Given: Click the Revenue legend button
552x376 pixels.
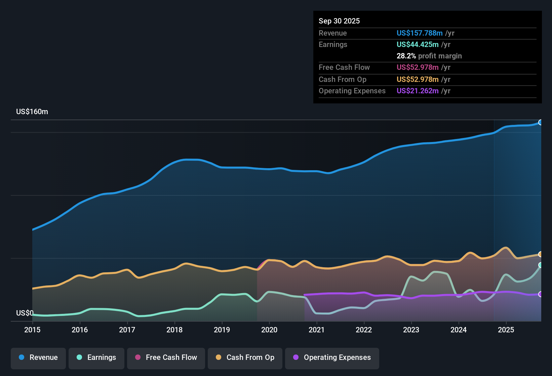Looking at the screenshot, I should pos(38,358).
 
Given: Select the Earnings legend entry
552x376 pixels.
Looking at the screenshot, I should pos(96,358).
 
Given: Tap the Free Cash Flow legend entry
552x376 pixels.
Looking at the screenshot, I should pos(166,358).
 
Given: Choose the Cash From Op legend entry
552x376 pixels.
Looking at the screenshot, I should pos(245,358).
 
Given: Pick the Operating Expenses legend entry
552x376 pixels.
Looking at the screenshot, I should pos(332,358).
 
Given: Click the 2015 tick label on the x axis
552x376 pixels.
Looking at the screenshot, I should pos(32,330).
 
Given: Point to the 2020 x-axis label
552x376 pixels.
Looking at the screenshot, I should pos(269,330).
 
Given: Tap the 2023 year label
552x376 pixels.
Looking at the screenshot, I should pos(411,330).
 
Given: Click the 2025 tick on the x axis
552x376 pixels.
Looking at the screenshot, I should pos(506,330).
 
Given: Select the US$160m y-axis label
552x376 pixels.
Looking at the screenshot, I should pos(32,112).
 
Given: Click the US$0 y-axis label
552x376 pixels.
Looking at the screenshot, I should pos(25,313).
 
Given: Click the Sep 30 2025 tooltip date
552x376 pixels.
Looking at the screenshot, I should pos(339,21).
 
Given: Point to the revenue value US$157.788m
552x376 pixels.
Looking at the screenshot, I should pos(420,33).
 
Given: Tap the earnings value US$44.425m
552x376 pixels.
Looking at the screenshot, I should pos(418,44).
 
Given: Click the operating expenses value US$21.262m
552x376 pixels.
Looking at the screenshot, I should pos(418,91).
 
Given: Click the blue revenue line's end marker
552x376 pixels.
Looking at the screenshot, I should pos(541,122).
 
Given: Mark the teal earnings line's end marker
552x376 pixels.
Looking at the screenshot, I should pos(541,265).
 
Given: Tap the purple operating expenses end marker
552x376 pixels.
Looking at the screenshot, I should pos(541,294).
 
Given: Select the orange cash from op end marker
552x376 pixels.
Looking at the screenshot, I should pos(541,254).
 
